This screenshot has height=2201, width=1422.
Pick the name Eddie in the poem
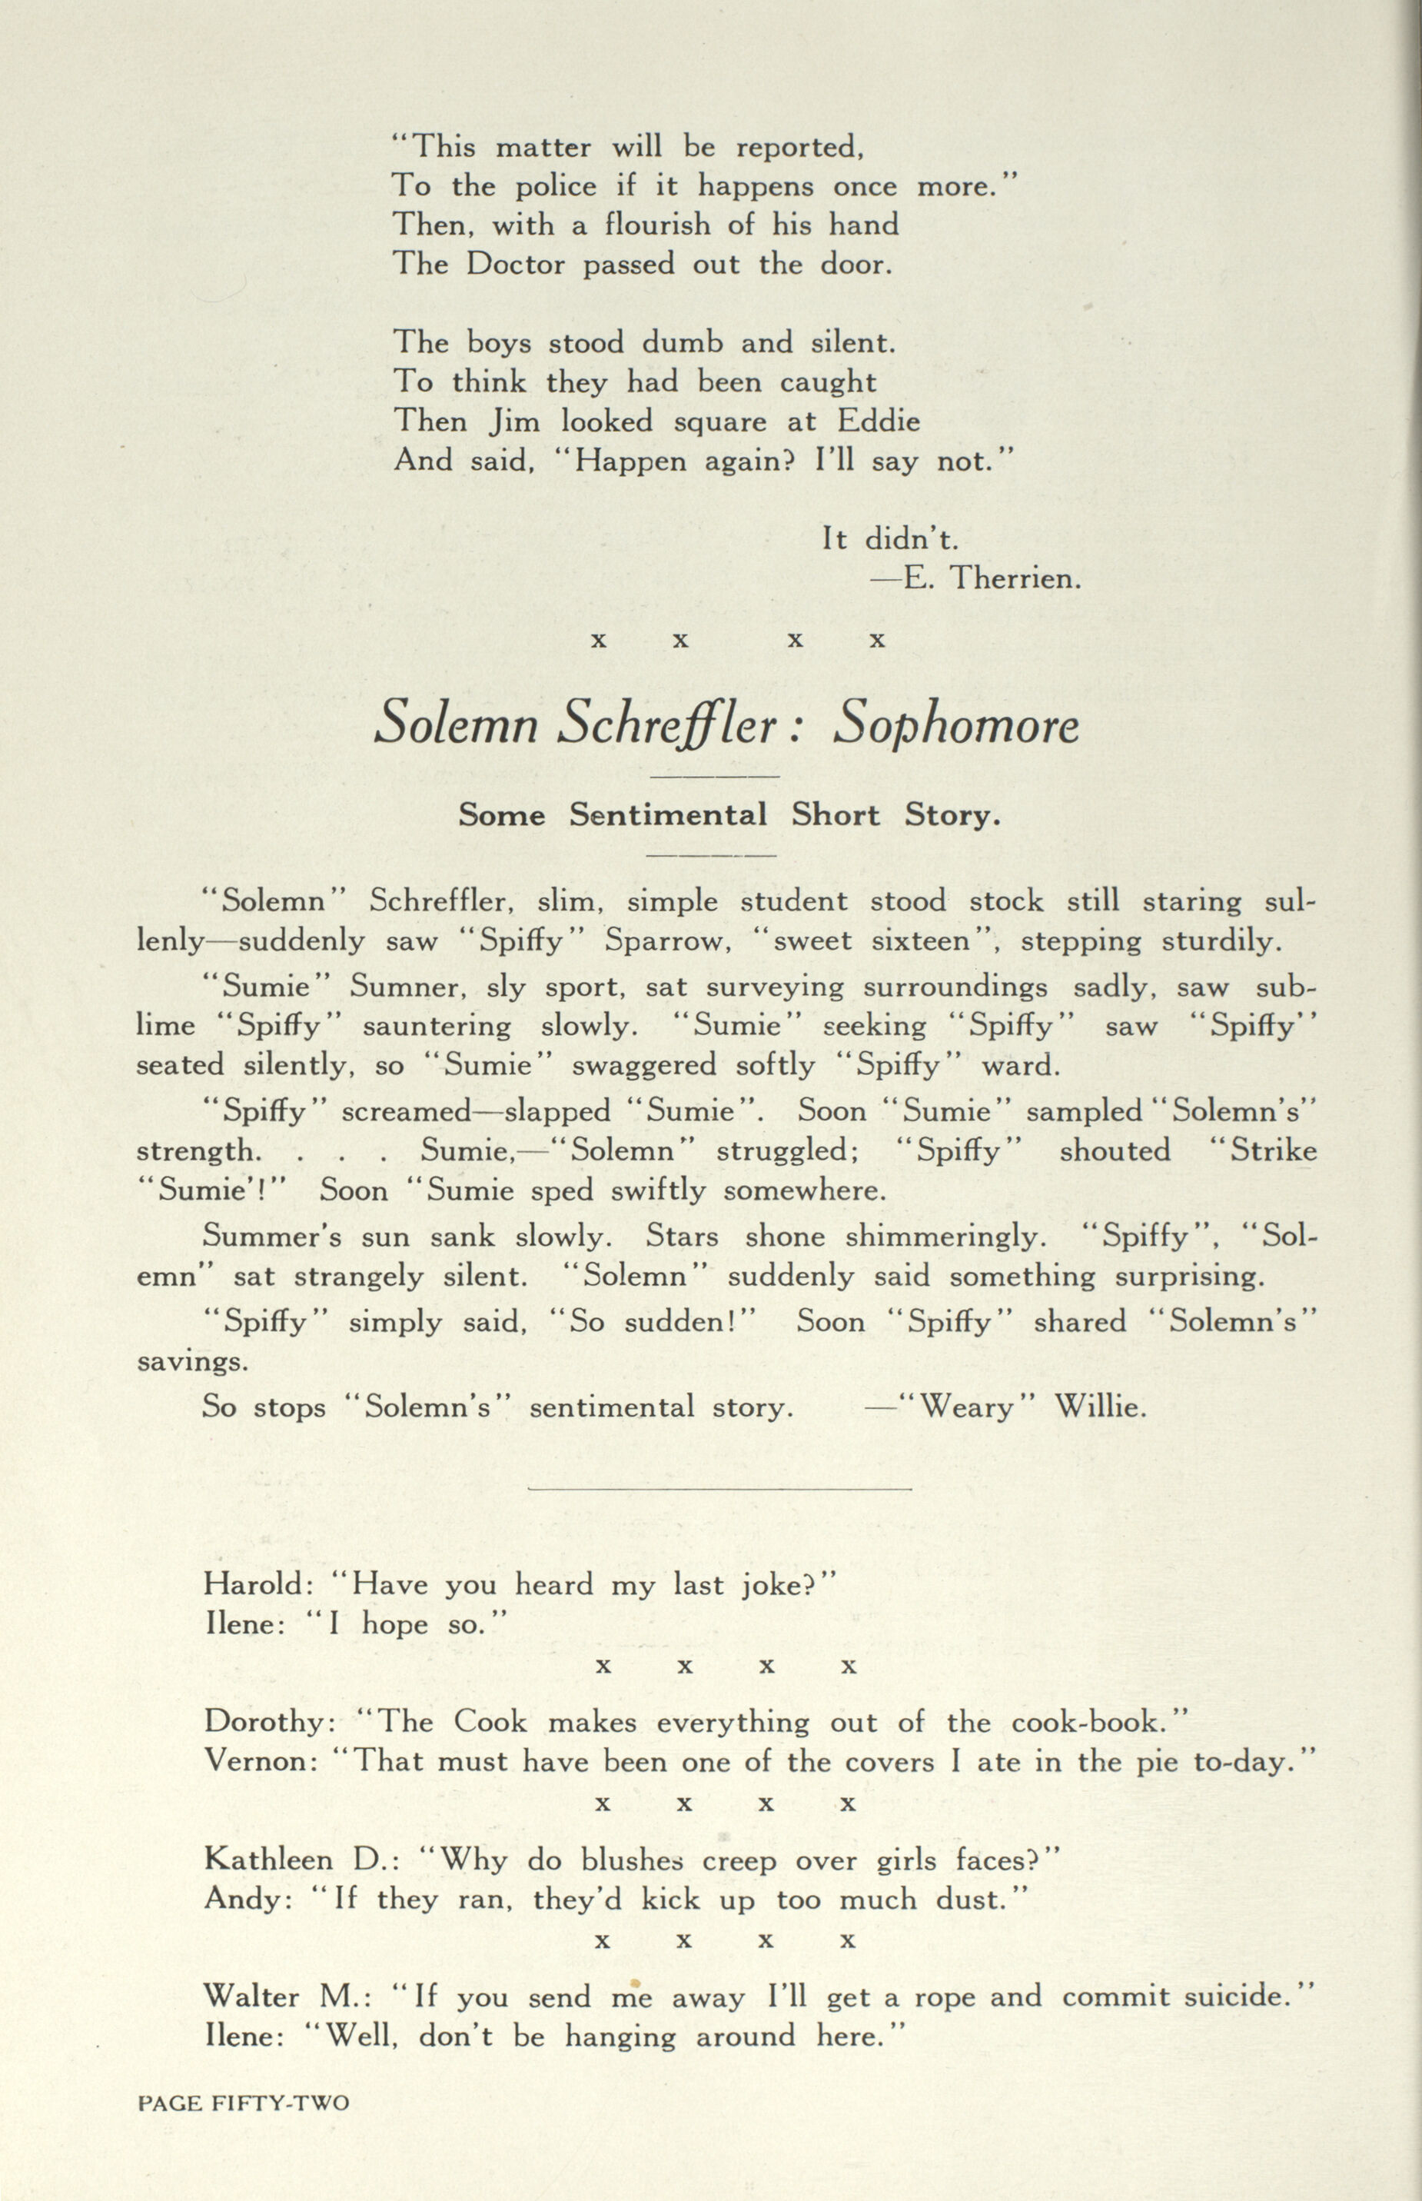[879, 421]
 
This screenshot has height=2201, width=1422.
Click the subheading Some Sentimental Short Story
[729, 814]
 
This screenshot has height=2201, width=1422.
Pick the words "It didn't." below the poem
[890, 539]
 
